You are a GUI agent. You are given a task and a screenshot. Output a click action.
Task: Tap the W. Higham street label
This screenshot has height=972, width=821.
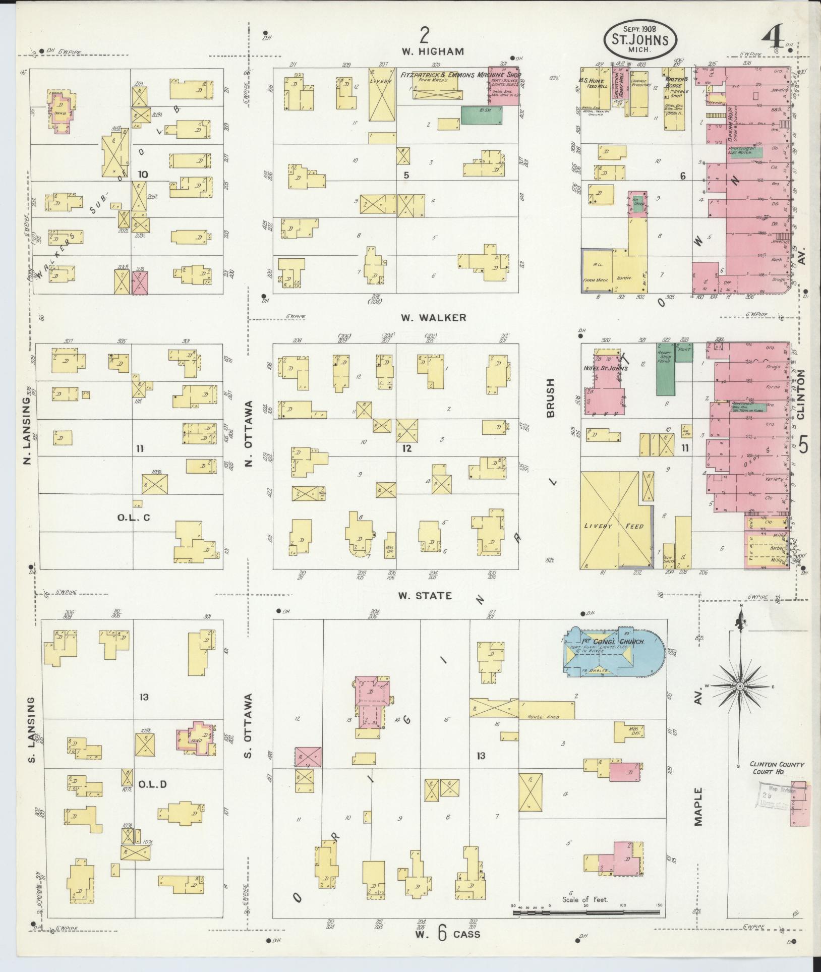pyautogui.click(x=432, y=51)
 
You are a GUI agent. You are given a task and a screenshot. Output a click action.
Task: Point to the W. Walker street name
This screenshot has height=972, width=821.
pyautogui.click(x=433, y=317)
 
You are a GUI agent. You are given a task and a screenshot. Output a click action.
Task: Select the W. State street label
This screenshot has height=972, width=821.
pyautogui.click(x=425, y=596)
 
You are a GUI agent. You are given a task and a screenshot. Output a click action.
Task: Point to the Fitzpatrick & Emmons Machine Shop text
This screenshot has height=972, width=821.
pyautogui.click(x=461, y=75)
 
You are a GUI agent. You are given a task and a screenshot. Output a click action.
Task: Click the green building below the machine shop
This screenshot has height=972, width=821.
pyautogui.click(x=482, y=115)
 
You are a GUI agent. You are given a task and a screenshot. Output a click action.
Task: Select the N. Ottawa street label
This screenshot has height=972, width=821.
pyautogui.click(x=249, y=434)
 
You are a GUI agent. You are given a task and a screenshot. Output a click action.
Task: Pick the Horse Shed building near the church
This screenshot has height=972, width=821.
pyautogui.click(x=547, y=710)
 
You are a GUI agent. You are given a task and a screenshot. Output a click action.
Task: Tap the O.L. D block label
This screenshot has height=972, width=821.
pyautogui.click(x=152, y=784)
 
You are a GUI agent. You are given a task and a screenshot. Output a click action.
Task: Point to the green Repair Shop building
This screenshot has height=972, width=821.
pyautogui.click(x=665, y=368)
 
